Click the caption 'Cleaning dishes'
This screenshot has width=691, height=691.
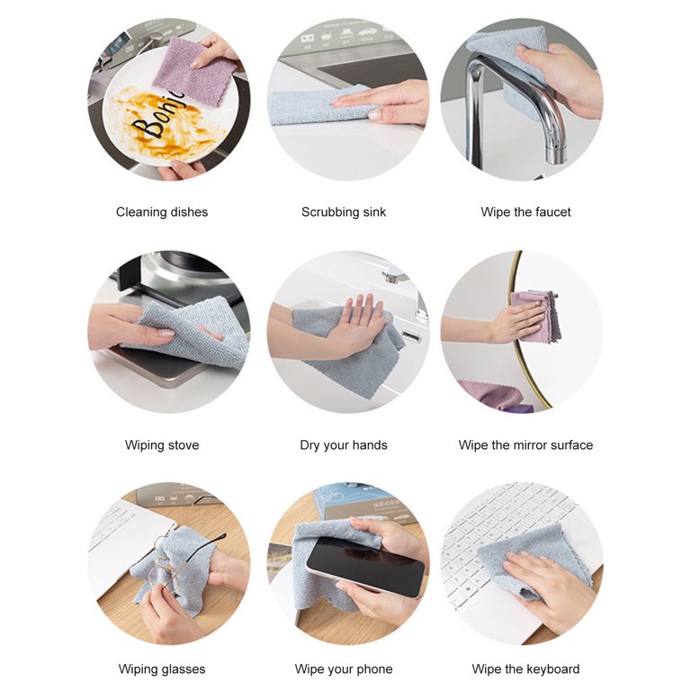click(162, 212)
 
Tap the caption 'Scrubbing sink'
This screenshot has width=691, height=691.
click(343, 212)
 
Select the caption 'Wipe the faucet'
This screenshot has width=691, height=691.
click(525, 212)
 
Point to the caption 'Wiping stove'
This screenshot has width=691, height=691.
click(162, 445)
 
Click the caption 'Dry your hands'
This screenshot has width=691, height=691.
click(343, 445)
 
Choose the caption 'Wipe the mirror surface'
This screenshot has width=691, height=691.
click(525, 445)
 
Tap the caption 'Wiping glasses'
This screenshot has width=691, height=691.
click(162, 669)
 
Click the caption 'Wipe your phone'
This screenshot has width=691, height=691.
click(343, 669)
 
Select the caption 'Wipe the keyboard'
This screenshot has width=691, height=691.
click(525, 669)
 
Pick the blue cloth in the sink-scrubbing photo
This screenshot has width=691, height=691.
click(315, 106)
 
